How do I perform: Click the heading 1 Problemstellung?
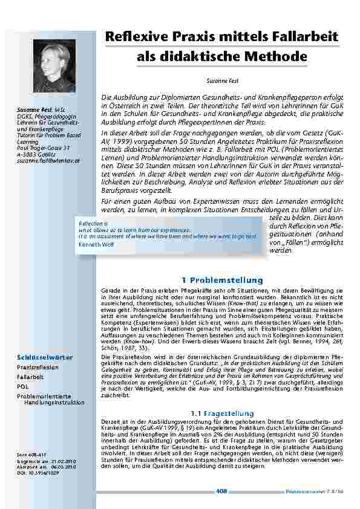[222, 280]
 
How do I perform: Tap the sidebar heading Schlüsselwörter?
[41, 357]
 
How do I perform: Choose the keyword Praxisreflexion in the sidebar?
[38, 367]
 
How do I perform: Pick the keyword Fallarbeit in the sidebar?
[30, 376]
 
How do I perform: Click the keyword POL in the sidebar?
[23, 386]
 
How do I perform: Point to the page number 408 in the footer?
[221, 491]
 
